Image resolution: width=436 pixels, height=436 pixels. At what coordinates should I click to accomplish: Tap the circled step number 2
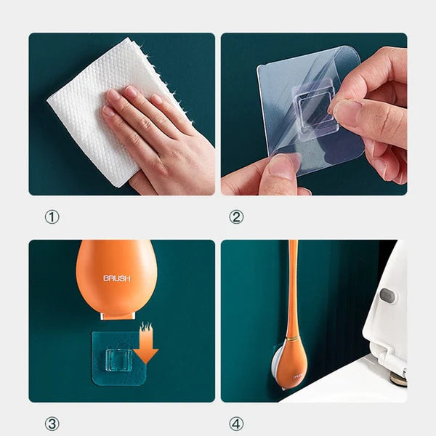[236, 217]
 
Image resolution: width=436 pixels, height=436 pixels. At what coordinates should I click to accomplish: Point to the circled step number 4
[236, 424]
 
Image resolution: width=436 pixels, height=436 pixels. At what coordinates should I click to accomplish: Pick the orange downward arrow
[148, 347]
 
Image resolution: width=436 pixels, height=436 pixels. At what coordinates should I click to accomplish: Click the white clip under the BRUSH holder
[116, 314]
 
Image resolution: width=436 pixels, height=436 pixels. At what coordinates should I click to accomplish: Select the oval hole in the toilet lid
[387, 296]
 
